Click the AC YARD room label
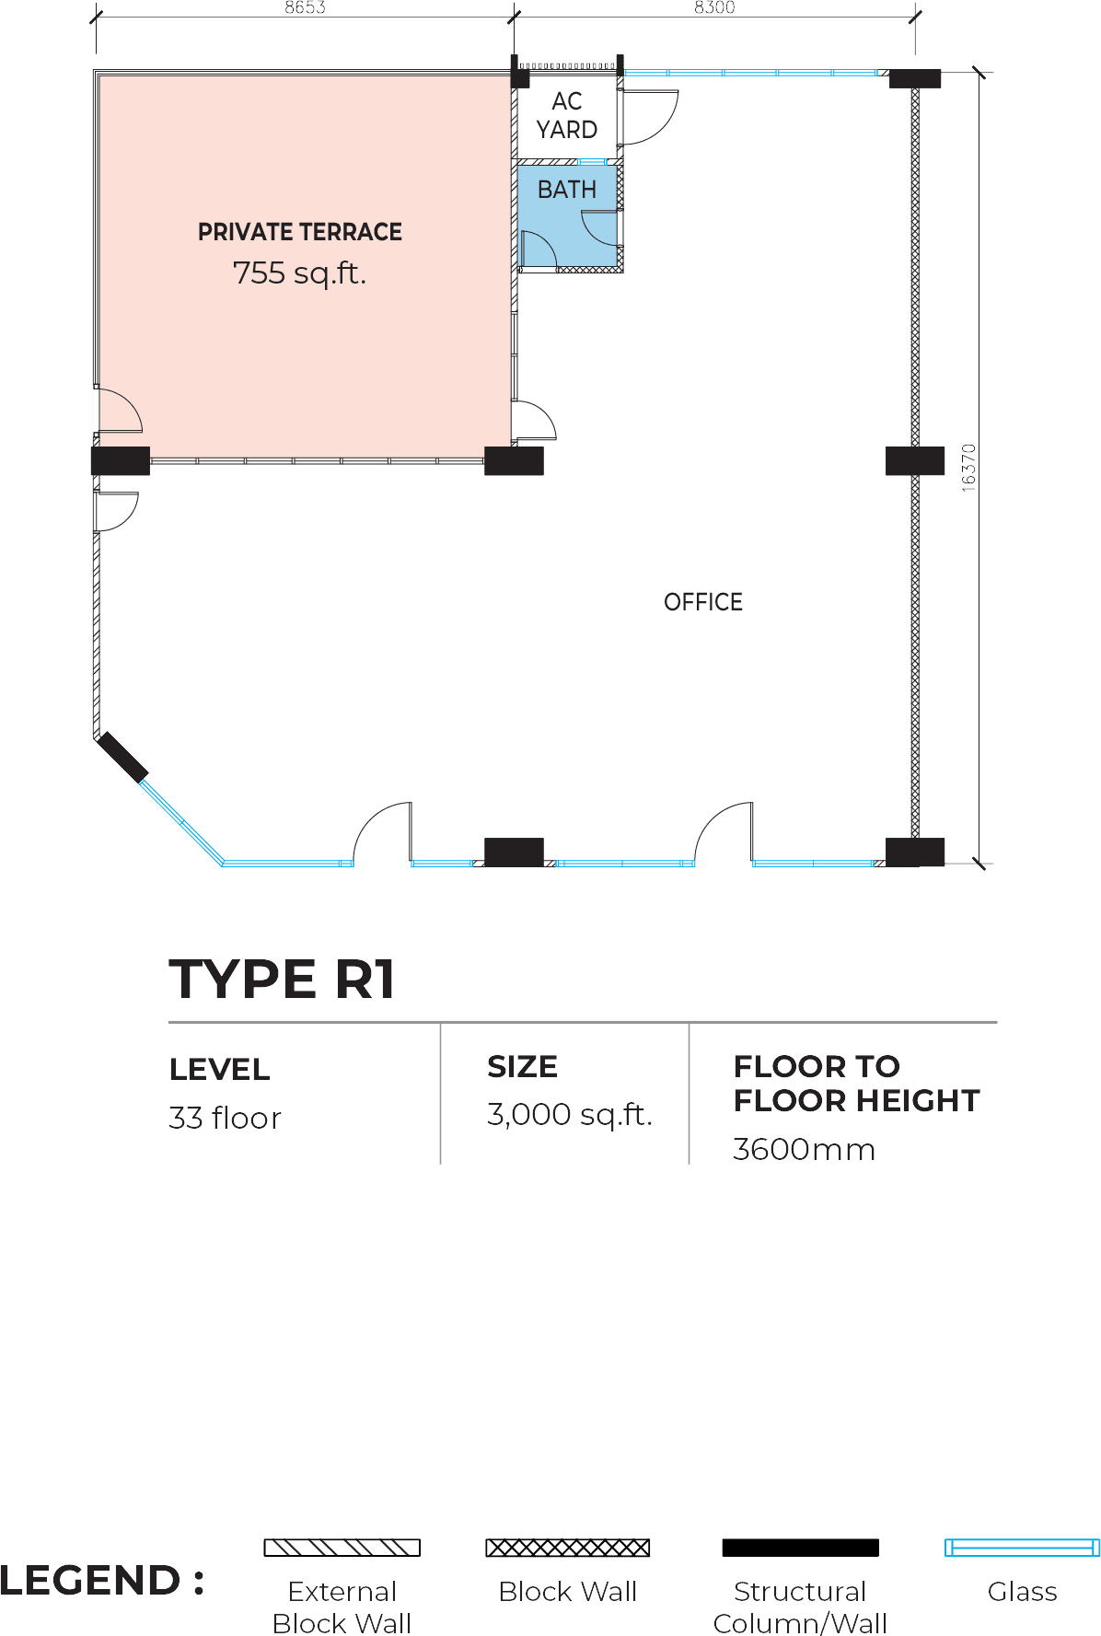tap(567, 115)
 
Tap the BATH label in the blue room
tap(567, 190)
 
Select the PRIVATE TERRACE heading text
tap(300, 232)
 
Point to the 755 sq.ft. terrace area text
tap(299, 273)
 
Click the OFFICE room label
tap(703, 602)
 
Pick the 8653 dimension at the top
tap(305, 7)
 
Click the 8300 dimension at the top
tap(714, 7)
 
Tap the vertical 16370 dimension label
tap(968, 468)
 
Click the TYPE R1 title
tap(283, 979)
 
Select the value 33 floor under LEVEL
tap(225, 1118)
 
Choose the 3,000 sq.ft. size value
tap(570, 1115)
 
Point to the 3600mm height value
tap(804, 1150)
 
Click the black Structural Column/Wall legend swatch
tap(801, 1548)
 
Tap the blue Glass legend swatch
tap(1022, 1548)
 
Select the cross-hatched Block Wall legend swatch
tap(568, 1548)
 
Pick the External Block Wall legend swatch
tap(342, 1548)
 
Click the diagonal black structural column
tap(123, 757)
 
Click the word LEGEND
tap(90, 1581)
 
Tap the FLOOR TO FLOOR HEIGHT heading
tap(856, 1084)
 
